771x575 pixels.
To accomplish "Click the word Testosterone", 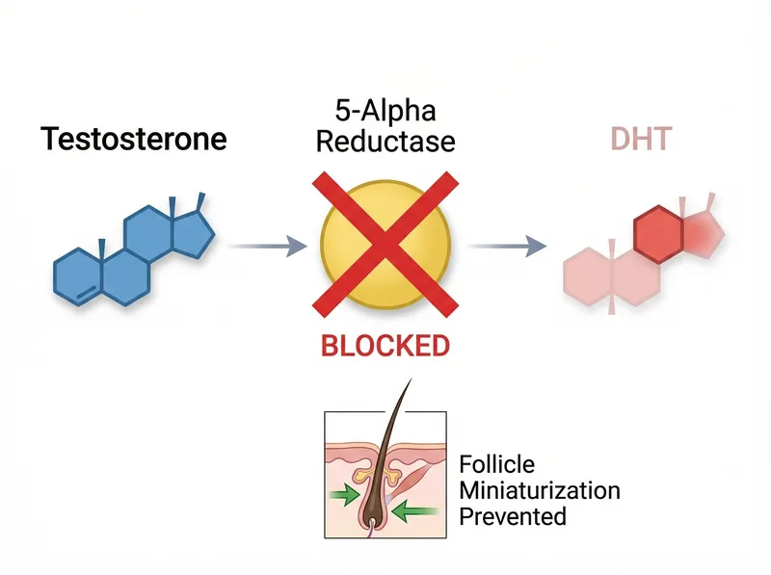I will click(x=134, y=139).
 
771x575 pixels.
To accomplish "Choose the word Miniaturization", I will click(x=540, y=490).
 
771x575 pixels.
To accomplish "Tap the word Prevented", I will click(x=513, y=516).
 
